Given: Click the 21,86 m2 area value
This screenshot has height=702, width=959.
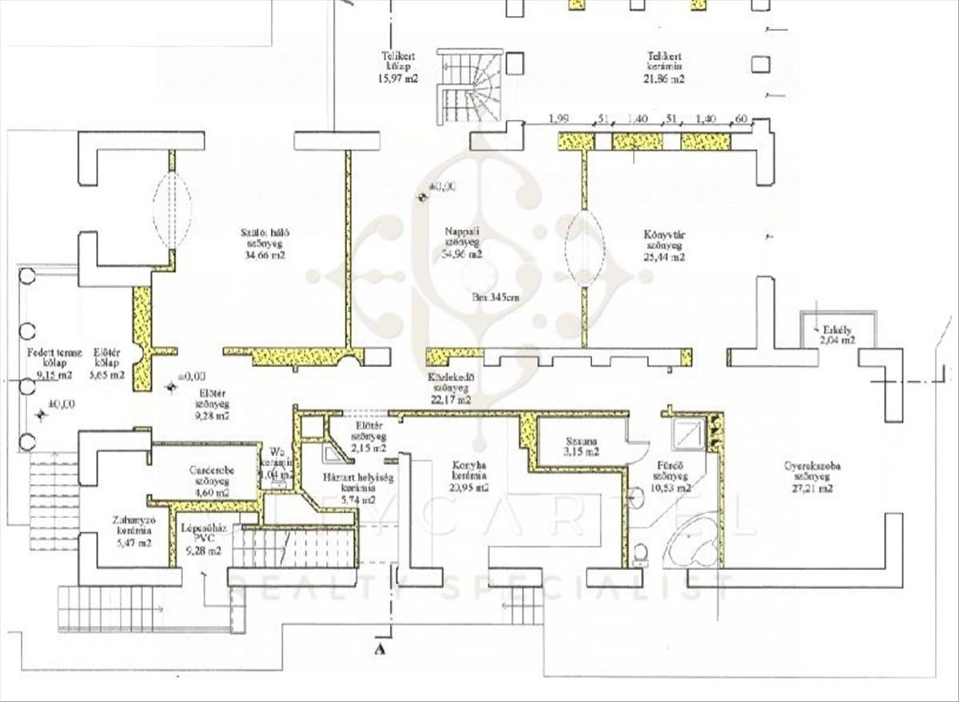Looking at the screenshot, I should pos(665,80).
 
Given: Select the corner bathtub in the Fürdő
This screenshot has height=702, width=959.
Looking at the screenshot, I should pos(690,548).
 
